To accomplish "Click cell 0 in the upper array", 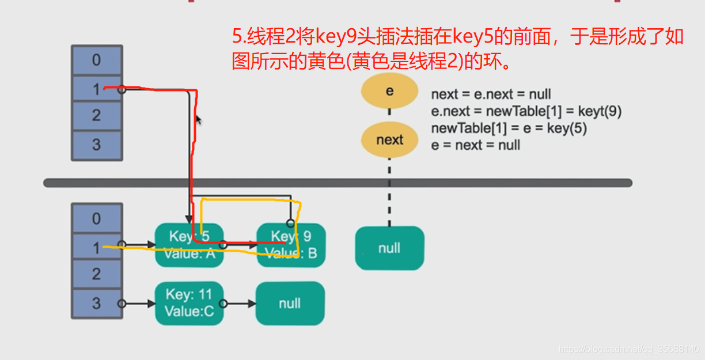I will coord(97,60).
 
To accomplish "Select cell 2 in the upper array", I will coord(97,115).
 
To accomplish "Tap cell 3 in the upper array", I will coord(97,144).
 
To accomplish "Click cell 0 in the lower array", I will coord(97,219).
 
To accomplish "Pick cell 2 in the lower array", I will coord(97,274).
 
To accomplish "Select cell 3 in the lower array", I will coord(97,303).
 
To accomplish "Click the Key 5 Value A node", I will coord(189,245).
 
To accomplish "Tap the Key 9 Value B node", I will coord(291,245).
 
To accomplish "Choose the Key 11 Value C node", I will coord(189,303).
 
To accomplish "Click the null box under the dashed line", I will coord(389,248).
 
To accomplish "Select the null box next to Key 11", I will coord(290,303).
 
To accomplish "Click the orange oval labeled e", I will coord(389,91).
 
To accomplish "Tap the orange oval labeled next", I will coord(389,140).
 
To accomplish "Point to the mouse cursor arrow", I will coord(198,120).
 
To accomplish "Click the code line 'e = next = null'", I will coord(475,145).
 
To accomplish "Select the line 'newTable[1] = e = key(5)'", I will coord(509,128).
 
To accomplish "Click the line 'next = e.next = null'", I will coord(491,94).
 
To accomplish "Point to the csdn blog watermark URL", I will coord(629,349).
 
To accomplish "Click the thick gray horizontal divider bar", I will coord(338,183).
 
